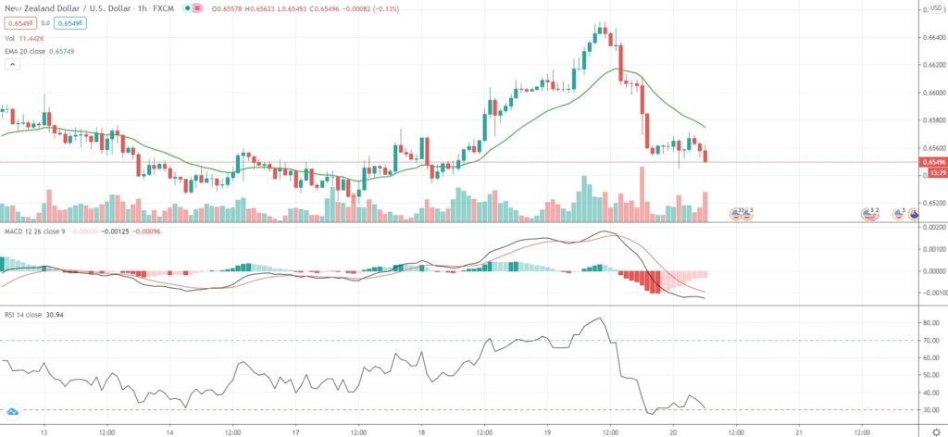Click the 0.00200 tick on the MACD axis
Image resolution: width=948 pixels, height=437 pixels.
[930, 227]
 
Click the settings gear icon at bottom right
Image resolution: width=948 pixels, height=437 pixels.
[935, 431]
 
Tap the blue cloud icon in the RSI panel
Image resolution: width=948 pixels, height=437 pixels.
[13, 411]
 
